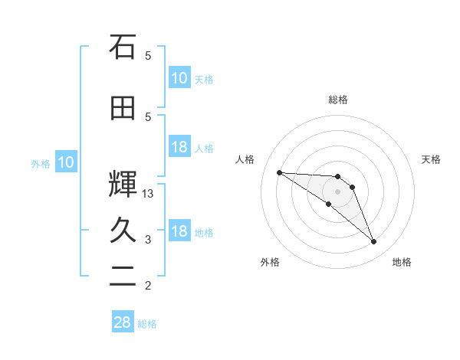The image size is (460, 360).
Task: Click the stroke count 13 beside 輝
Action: (148, 194)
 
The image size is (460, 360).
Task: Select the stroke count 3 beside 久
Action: (148, 240)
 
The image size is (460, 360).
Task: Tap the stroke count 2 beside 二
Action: (148, 286)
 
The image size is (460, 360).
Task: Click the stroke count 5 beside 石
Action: (148, 55)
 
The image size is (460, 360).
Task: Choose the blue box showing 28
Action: (123, 323)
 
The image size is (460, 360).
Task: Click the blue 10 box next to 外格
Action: (65, 162)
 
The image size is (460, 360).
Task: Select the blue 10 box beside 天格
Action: (179, 78)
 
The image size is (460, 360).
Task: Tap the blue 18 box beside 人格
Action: (179, 148)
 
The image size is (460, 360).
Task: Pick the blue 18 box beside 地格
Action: (179, 232)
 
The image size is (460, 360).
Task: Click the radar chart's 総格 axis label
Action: (338, 100)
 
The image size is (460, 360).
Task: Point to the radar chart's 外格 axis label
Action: (270, 262)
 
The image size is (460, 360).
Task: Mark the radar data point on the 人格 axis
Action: (279, 172)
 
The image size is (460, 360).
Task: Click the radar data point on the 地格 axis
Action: (374, 242)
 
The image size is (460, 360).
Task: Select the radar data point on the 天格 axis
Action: (352, 187)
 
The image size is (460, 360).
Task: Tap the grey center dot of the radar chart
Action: (337, 191)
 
